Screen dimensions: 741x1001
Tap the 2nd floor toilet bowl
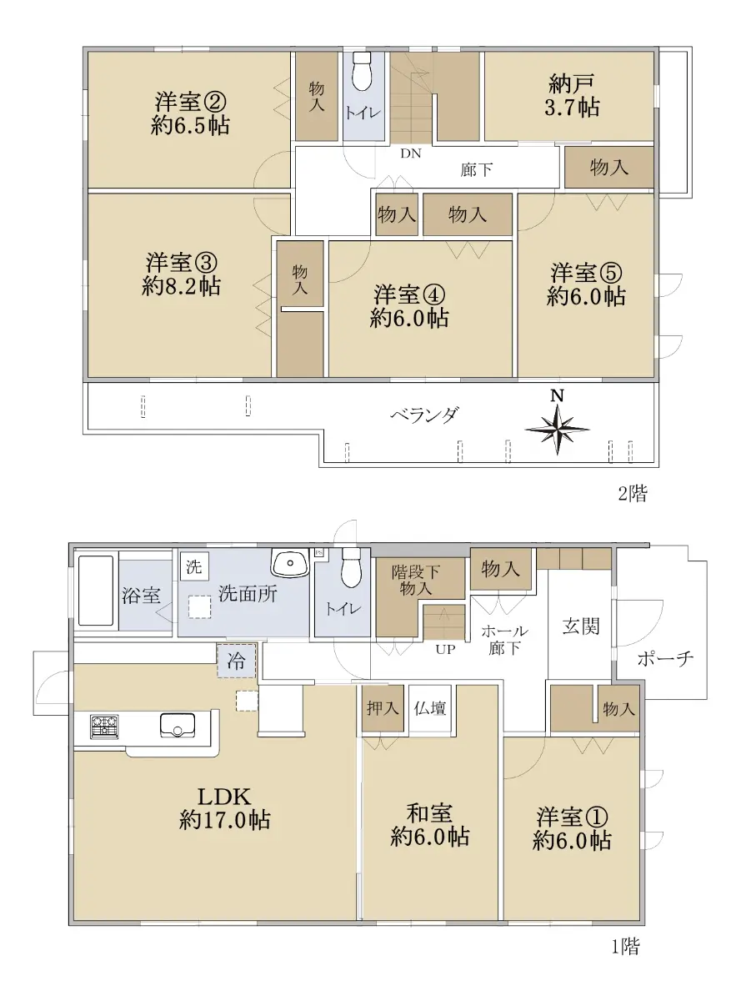tap(361, 72)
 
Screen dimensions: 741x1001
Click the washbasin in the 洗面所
tap(290, 562)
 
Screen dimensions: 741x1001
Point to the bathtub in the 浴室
tap(96, 591)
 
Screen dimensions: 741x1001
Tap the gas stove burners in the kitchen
tap(104, 727)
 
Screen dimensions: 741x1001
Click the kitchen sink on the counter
tap(178, 725)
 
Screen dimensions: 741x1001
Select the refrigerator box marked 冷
tap(237, 661)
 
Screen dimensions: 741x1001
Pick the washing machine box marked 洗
tap(194, 566)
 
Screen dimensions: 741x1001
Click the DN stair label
tap(411, 153)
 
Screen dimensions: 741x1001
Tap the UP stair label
tap(445, 650)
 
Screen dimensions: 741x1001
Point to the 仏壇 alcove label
tap(430, 708)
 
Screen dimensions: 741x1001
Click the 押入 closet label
tap(383, 708)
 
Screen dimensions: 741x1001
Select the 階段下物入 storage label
tap(415, 581)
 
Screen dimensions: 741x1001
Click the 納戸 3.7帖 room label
tap(572, 96)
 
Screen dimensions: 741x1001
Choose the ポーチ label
tap(665, 659)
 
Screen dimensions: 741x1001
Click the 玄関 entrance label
tap(581, 626)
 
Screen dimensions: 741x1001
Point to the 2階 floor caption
tap(633, 494)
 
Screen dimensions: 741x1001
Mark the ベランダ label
tap(425, 414)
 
